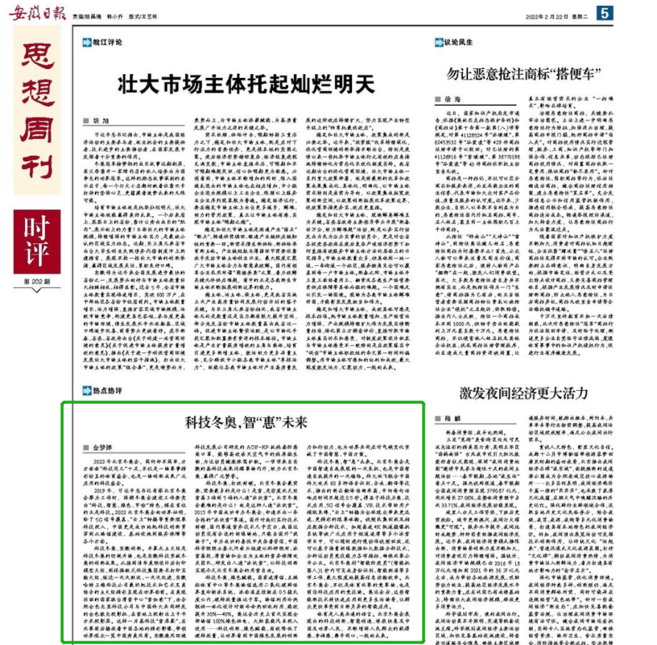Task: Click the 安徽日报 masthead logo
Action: pos(35,12)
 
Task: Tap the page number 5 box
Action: pos(604,12)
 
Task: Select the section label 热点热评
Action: pos(106,392)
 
